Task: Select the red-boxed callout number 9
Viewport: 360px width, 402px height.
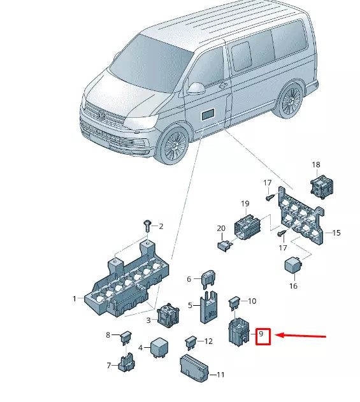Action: (x=264, y=336)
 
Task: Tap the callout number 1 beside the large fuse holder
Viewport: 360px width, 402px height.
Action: (x=75, y=299)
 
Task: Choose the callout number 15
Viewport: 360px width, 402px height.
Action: (x=337, y=233)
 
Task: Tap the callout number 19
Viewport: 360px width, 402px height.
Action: (x=244, y=204)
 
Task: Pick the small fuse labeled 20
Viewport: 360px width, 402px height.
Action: (x=224, y=245)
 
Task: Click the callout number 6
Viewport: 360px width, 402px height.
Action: (x=189, y=279)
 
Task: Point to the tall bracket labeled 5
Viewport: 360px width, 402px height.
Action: (x=207, y=307)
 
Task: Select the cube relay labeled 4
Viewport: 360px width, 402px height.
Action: (x=159, y=348)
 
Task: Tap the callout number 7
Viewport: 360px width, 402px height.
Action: (x=109, y=366)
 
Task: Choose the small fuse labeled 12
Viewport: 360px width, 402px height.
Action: (x=190, y=341)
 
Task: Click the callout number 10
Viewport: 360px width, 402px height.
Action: (x=252, y=301)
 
